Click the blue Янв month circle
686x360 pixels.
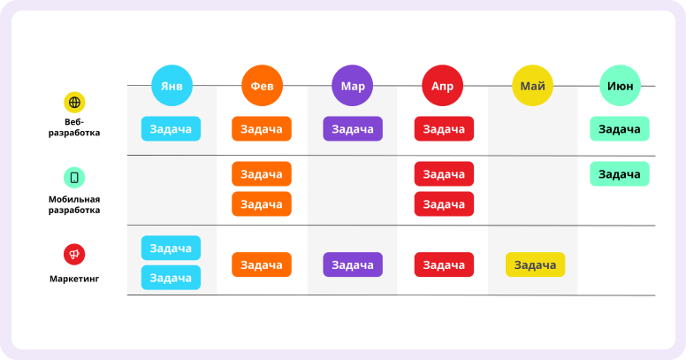point(171,86)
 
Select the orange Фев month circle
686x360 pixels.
point(262,86)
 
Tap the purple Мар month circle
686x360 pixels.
point(352,86)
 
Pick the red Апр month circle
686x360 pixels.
point(442,86)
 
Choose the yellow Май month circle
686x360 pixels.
point(532,86)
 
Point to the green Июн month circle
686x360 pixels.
point(620,86)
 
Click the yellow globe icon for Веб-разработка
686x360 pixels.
point(74,103)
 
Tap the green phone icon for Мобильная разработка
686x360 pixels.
point(74,178)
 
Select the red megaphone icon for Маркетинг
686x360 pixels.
point(74,255)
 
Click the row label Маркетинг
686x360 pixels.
point(74,279)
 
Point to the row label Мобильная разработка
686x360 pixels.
point(74,204)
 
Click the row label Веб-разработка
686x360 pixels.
point(74,127)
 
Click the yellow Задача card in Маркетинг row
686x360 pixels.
point(535,264)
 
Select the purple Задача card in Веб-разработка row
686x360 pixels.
point(353,129)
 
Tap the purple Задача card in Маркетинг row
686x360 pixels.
point(353,264)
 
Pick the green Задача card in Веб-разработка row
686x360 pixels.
point(620,129)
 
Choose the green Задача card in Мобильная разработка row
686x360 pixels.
point(620,174)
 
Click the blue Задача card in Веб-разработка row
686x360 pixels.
point(171,129)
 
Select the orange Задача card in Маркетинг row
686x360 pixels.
point(262,264)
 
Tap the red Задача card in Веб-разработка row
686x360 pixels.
point(444,129)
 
